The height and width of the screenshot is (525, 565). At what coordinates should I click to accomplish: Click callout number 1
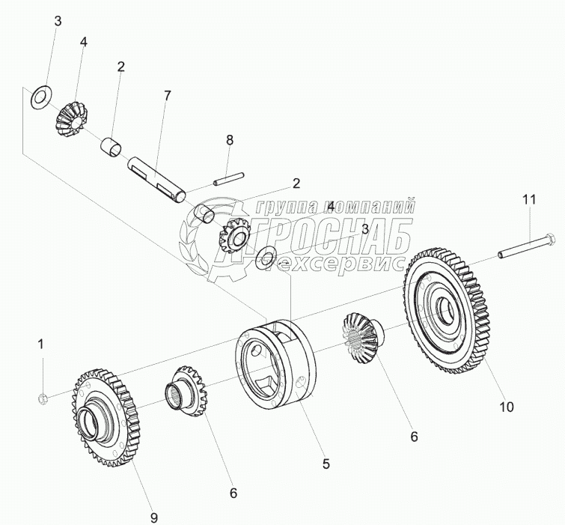click(x=42, y=345)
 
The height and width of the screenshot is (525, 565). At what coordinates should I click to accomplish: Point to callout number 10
click(x=507, y=407)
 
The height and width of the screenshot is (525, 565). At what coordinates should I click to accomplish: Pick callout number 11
click(x=529, y=200)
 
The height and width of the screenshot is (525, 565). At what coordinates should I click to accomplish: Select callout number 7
click(x=167, y=96)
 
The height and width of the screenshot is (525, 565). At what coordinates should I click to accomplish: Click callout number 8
click(x=230, y=139)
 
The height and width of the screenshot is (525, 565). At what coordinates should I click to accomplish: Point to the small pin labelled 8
click(x=227, y=178)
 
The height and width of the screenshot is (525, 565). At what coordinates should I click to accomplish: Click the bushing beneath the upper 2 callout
click(x=113, y=146)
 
